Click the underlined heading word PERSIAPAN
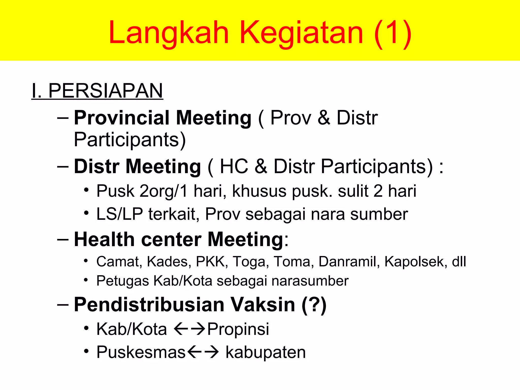pos(105,91)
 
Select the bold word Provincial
pos(122,118)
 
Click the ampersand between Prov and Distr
pos(324,118)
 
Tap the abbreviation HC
pos(234,167)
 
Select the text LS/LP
pos(120,214)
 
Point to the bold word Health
pos(104,239)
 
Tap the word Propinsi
pos(238,329)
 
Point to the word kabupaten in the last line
pos(266,352)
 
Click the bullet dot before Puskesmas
pos(87,351)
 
